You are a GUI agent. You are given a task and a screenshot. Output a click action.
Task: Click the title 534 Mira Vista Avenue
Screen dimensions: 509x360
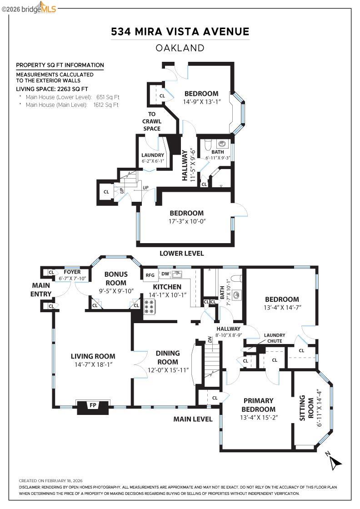point(180,31)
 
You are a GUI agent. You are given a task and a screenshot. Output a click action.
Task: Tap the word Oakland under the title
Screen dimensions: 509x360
point(180,48)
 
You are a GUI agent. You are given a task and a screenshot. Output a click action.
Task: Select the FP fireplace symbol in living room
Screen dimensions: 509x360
point(93,405)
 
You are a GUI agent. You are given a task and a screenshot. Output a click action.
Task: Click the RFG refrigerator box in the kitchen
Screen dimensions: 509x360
point(150,275)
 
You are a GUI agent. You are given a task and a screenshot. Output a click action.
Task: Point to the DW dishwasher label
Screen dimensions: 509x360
point(165,274)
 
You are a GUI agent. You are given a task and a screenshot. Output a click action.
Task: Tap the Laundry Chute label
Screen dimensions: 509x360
point(275,338)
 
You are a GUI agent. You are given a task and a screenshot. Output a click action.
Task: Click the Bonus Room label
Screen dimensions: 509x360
point(115,278)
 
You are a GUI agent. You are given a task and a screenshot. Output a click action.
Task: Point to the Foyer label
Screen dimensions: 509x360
point(72,272)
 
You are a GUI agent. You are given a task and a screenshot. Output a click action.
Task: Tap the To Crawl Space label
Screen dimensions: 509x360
point(152,121)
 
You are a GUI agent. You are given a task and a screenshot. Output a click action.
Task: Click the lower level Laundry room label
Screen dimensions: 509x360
point(152,155)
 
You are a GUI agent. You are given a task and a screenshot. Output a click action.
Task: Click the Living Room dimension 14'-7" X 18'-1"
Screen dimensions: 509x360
point(93,364)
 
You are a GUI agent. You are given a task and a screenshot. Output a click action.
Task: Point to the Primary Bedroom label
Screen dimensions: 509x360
point(258,405)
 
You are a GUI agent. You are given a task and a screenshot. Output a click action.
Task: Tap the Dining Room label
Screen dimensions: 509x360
point(167,357)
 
